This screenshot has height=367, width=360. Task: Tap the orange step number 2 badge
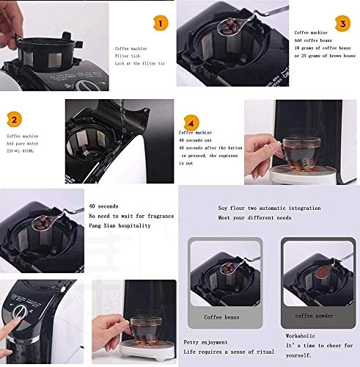[15, 118]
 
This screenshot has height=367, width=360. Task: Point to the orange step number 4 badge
[191, 123]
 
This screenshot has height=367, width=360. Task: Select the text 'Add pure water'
[27, 144]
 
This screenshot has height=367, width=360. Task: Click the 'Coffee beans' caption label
[221, 316]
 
